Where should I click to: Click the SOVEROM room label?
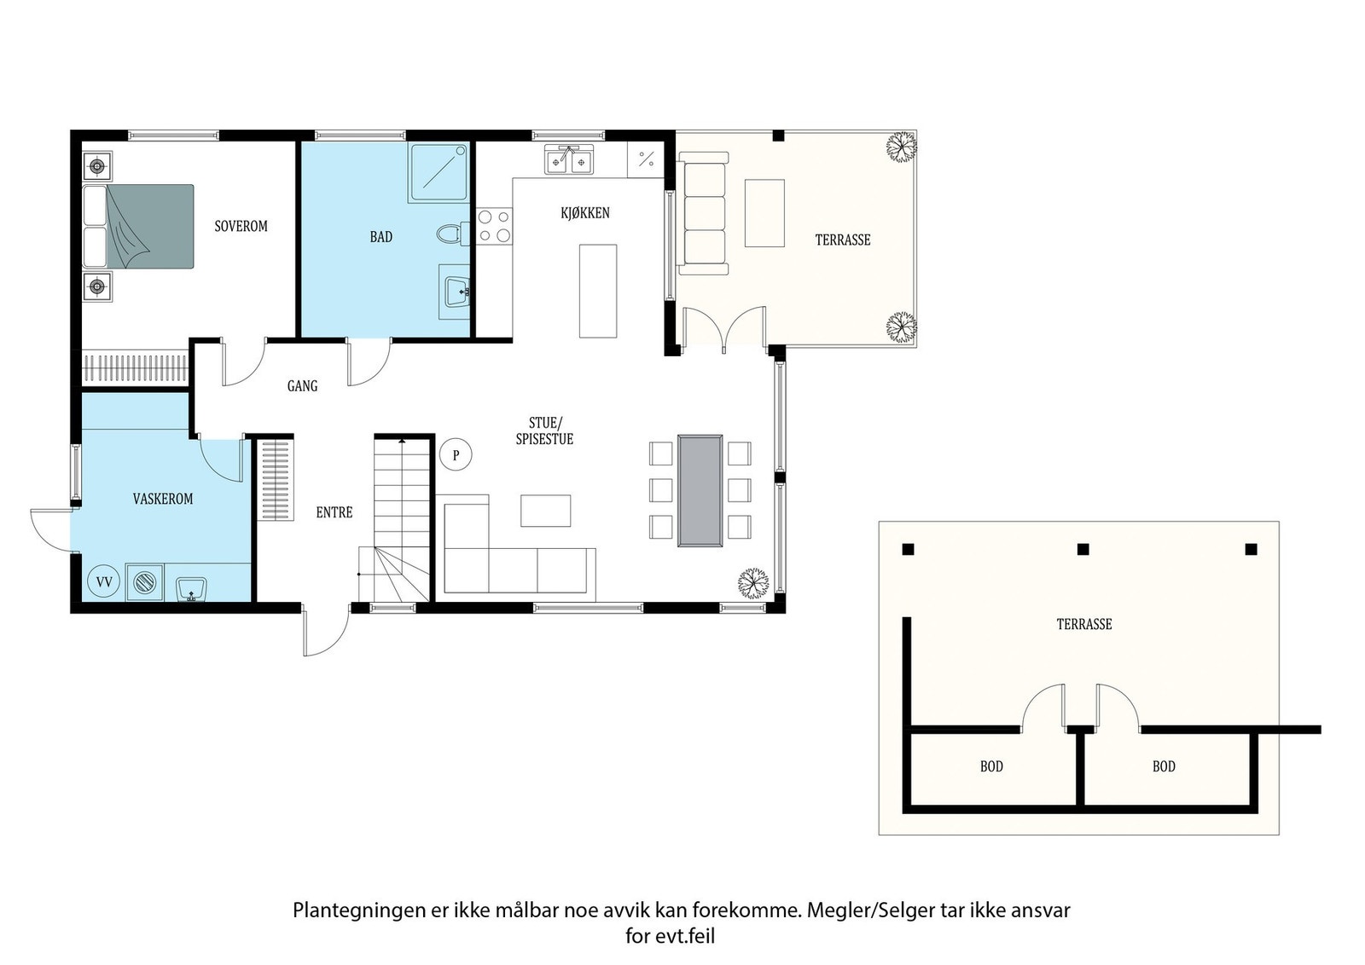[x=241, y=226]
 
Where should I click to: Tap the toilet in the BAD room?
[x=450, y=234]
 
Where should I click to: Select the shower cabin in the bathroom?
[x=438, y=172]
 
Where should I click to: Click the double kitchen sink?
[x=569, y=159]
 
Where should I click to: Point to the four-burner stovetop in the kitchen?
[x=494, y=226]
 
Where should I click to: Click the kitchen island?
[x=597, y=290]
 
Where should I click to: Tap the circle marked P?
[x=456, y=455]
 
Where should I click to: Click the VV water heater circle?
[x=105, y=582]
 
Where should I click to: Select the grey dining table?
[x=700, y=490]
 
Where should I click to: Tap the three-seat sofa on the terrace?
[x=704, y=217]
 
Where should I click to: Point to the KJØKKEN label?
[x=585, y=213]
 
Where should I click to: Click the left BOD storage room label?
[x=991, y=766]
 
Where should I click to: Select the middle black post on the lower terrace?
[x=1083, y=549]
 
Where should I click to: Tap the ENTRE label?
[x=334, y=512]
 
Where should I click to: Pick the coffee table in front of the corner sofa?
[x=546, y=510]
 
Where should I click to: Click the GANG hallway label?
[x=302, y=386]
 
